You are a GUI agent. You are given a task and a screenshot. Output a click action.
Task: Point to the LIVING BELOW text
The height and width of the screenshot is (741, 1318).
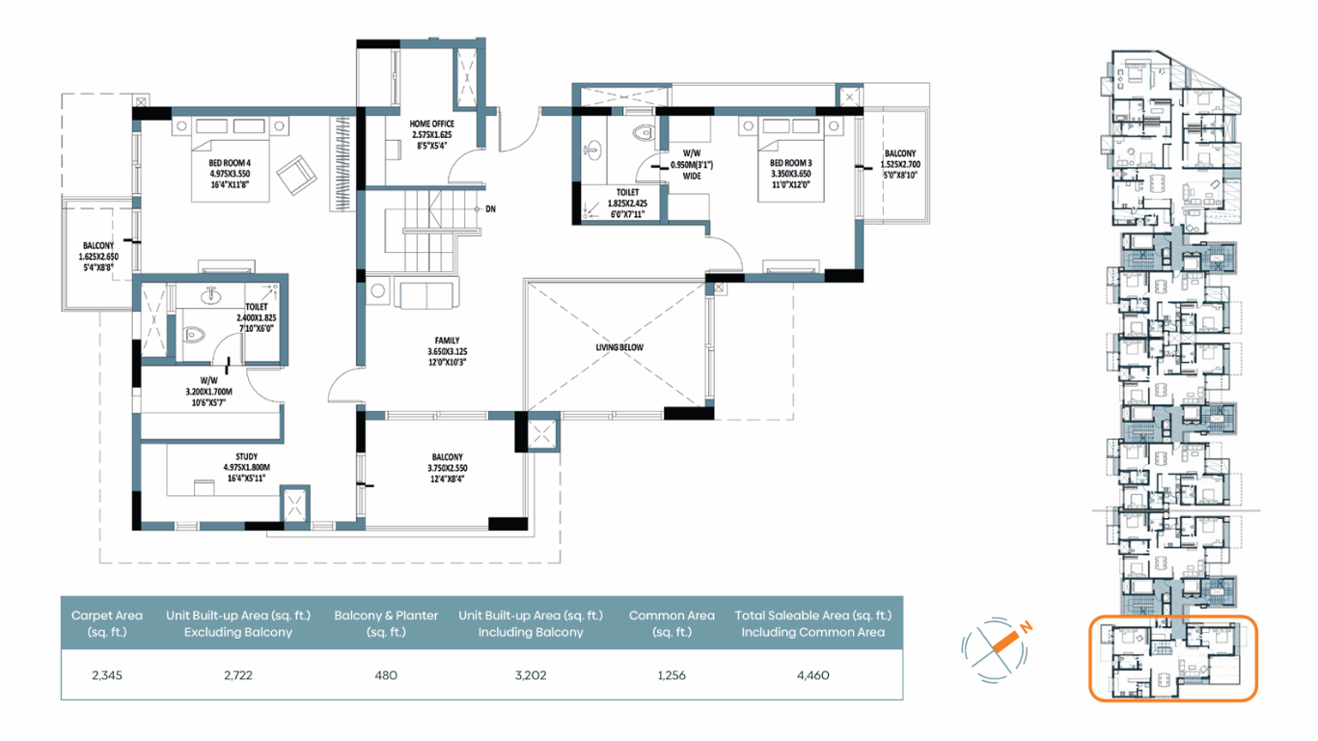[x=619, y=347]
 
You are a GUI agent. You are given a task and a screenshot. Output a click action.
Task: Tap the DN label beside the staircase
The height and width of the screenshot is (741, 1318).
[x=491, y=209]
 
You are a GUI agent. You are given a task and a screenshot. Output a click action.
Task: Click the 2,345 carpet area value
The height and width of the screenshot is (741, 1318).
[x=107, y=675]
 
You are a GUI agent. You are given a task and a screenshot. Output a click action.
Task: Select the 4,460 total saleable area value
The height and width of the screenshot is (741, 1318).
[x=813, y=675]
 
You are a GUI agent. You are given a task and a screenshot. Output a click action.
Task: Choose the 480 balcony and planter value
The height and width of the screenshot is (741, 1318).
[x=386, y=675]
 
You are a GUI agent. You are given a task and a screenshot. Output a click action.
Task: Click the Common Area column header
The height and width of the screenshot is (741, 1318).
[x=672, y=623]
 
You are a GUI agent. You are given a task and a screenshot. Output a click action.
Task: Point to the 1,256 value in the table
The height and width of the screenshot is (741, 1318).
[x=672, y=675]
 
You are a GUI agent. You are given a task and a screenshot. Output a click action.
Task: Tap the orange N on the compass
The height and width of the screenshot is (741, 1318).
[x=1027, y=627]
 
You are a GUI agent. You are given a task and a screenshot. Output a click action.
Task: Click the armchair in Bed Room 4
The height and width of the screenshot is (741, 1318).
[x=296, y=175]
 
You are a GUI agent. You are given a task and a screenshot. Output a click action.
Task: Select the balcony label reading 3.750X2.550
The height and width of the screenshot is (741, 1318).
[x=447, y=468]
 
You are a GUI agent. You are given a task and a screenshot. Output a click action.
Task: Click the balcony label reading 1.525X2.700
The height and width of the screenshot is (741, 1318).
[x=900, y=164]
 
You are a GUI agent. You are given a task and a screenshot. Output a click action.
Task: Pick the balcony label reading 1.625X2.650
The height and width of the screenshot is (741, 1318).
[x=98, y=256]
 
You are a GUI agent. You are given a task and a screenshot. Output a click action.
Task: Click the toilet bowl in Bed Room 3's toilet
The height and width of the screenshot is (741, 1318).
[x=645, y=133]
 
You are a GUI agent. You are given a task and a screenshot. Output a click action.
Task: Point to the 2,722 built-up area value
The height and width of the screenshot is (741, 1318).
[x=238, y=675]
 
